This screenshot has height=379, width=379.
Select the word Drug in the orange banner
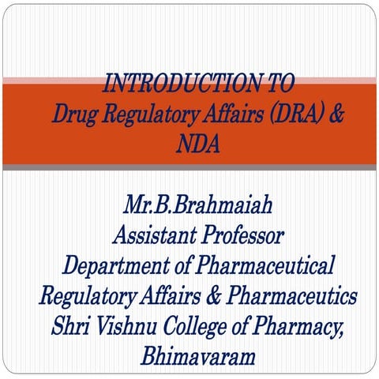(73, 113)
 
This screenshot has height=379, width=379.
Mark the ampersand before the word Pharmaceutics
(201, 296)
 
